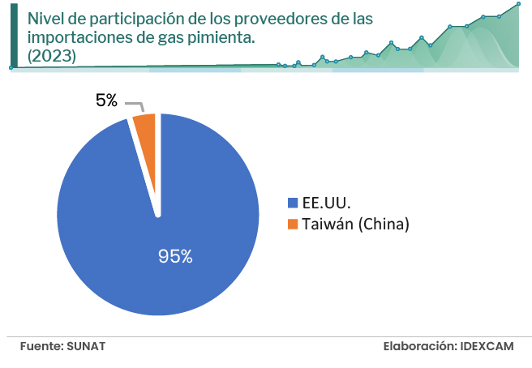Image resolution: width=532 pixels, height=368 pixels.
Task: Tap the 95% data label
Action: [175, 256]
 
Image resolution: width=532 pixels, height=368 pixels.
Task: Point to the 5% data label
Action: [106, 101]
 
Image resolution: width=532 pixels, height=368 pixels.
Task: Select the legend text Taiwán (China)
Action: [355, 225]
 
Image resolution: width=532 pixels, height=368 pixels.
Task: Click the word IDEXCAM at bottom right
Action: [487, 346]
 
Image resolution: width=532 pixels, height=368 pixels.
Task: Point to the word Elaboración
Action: [418, 346]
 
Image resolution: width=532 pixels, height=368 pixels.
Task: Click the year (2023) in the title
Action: [52, 56]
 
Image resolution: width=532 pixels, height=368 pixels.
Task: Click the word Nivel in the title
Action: [45, 18]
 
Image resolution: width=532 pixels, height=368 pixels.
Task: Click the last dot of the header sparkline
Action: [518, 4]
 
